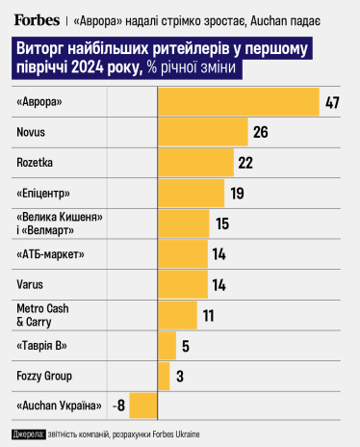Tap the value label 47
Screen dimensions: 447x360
click(334, 102)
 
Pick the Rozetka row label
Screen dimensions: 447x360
click(37, 162)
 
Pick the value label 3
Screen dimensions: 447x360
click(179, 375)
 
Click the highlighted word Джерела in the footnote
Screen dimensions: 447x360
click(30, 435)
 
